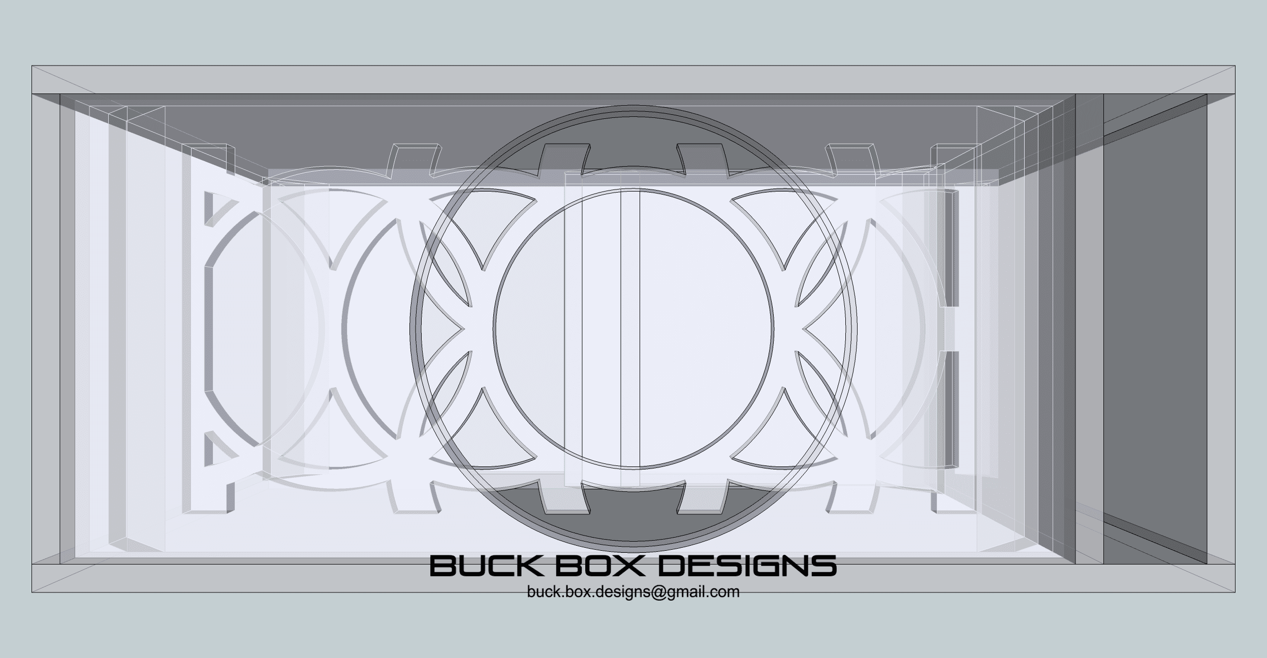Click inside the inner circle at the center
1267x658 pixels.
[x=633, y=329]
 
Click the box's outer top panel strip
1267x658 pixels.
[x=633, y=80]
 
